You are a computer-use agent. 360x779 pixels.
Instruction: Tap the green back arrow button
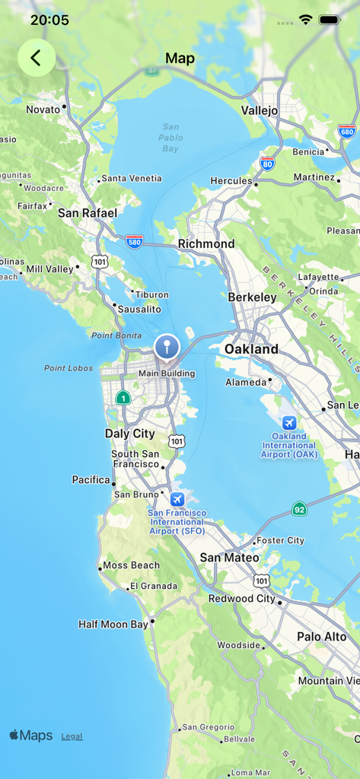point(36,58)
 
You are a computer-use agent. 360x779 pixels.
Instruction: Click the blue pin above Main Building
point(167,348)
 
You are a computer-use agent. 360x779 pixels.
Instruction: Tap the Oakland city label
point(251,349)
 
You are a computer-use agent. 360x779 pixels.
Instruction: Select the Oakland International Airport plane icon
point(288,422)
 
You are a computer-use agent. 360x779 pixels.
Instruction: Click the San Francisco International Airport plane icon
point(177,499)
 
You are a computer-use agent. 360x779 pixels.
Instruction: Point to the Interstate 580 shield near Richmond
point(135,241)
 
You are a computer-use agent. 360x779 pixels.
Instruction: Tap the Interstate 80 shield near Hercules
point(266,163)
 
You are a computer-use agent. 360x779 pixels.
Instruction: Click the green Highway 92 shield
point(300,509)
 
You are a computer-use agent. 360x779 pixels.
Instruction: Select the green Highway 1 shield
point(123,397)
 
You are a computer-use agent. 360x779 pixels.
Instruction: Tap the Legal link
point(72,736)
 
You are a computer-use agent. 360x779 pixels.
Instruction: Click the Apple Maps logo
point(31,736)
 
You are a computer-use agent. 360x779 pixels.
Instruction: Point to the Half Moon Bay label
point(113,625)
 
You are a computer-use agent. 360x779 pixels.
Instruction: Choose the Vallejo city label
point(260,110)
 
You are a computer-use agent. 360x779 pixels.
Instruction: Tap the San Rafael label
point(88,213)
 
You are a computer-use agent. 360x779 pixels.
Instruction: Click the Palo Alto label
point(321,636)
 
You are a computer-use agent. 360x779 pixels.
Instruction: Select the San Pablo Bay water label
point(170,138)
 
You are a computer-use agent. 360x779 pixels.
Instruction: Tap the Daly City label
point(129,434)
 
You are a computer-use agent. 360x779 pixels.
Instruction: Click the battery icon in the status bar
point(330,20)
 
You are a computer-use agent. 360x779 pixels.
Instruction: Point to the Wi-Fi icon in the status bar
point(306,20)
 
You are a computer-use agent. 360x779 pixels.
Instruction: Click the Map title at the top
point(180,59)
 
